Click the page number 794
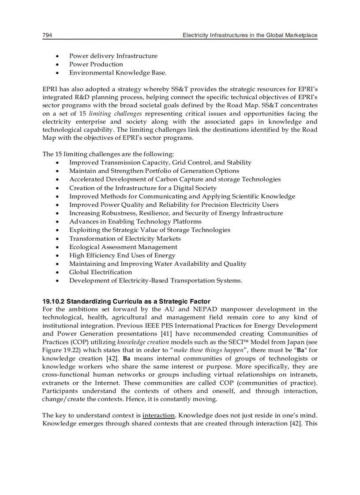point(47,35)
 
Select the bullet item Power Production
point(96,64)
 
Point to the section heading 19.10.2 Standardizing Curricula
point(126,301)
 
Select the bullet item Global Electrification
point(100,272)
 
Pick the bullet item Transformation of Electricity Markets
point(125,238)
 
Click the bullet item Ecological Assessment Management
point(123,247)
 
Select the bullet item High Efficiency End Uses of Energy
point(122,255)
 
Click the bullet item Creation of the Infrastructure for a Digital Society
point(143,188)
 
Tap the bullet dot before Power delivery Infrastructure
point(58,56)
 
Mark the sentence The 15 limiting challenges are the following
point(108,154)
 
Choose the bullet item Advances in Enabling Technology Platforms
point(135,222)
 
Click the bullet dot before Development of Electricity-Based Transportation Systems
point(58,281)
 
